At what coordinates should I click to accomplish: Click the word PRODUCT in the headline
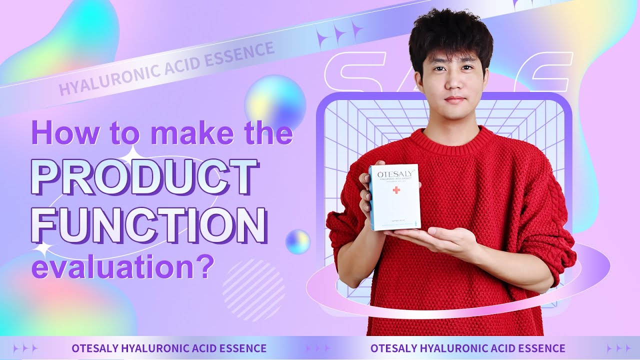click(144, 177)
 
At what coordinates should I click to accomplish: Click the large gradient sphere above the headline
click(275, 102)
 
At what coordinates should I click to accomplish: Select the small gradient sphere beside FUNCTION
click(297, 241)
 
